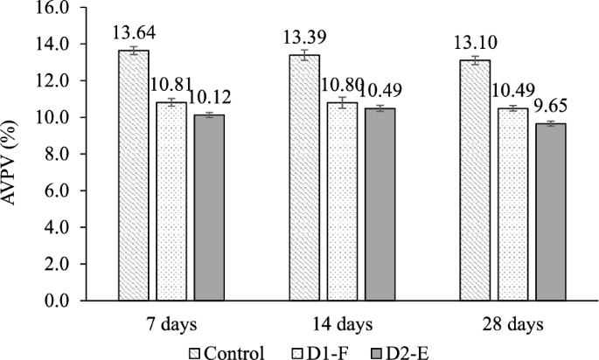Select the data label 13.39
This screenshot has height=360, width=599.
(303, 38)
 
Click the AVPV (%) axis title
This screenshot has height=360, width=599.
(15, 154)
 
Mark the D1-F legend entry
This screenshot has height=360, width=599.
(318, 350)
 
